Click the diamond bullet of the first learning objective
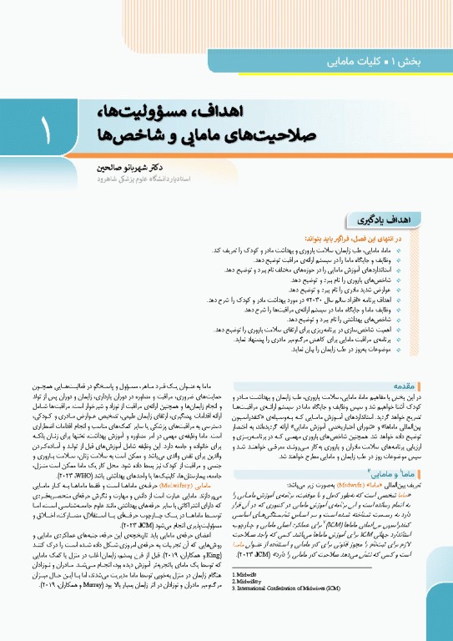pyautogui.click(x=421, y=250)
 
